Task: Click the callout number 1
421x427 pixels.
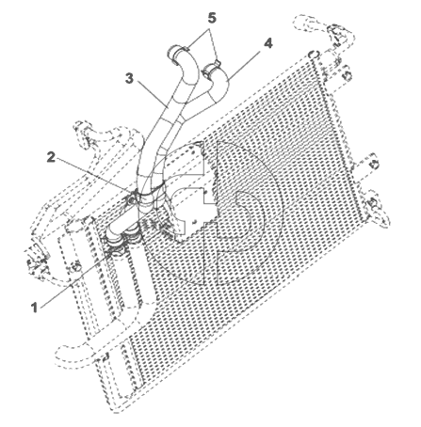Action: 35,308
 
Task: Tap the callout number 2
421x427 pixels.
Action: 51,157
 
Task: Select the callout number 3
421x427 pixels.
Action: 129,78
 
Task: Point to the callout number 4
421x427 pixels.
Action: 267,44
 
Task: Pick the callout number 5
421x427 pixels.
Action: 212,18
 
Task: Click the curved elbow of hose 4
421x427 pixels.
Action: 220,86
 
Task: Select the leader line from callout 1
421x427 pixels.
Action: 74,279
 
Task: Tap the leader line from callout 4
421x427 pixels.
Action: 245,64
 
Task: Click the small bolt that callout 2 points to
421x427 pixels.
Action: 131,198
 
